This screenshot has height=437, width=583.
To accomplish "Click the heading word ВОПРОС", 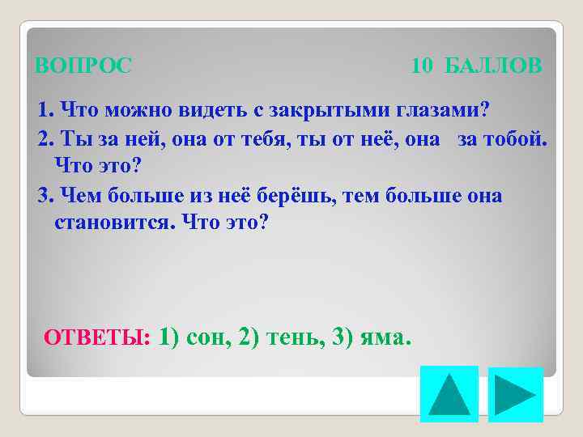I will (x=83, y=66).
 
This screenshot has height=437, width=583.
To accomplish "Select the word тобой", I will (x=515, y=138).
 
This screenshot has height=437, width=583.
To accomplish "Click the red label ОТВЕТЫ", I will (x=96, y=337).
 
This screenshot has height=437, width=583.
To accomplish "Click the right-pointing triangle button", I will (x=515, y=394).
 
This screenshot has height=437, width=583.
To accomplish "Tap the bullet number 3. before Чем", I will (x=45, y=196).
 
